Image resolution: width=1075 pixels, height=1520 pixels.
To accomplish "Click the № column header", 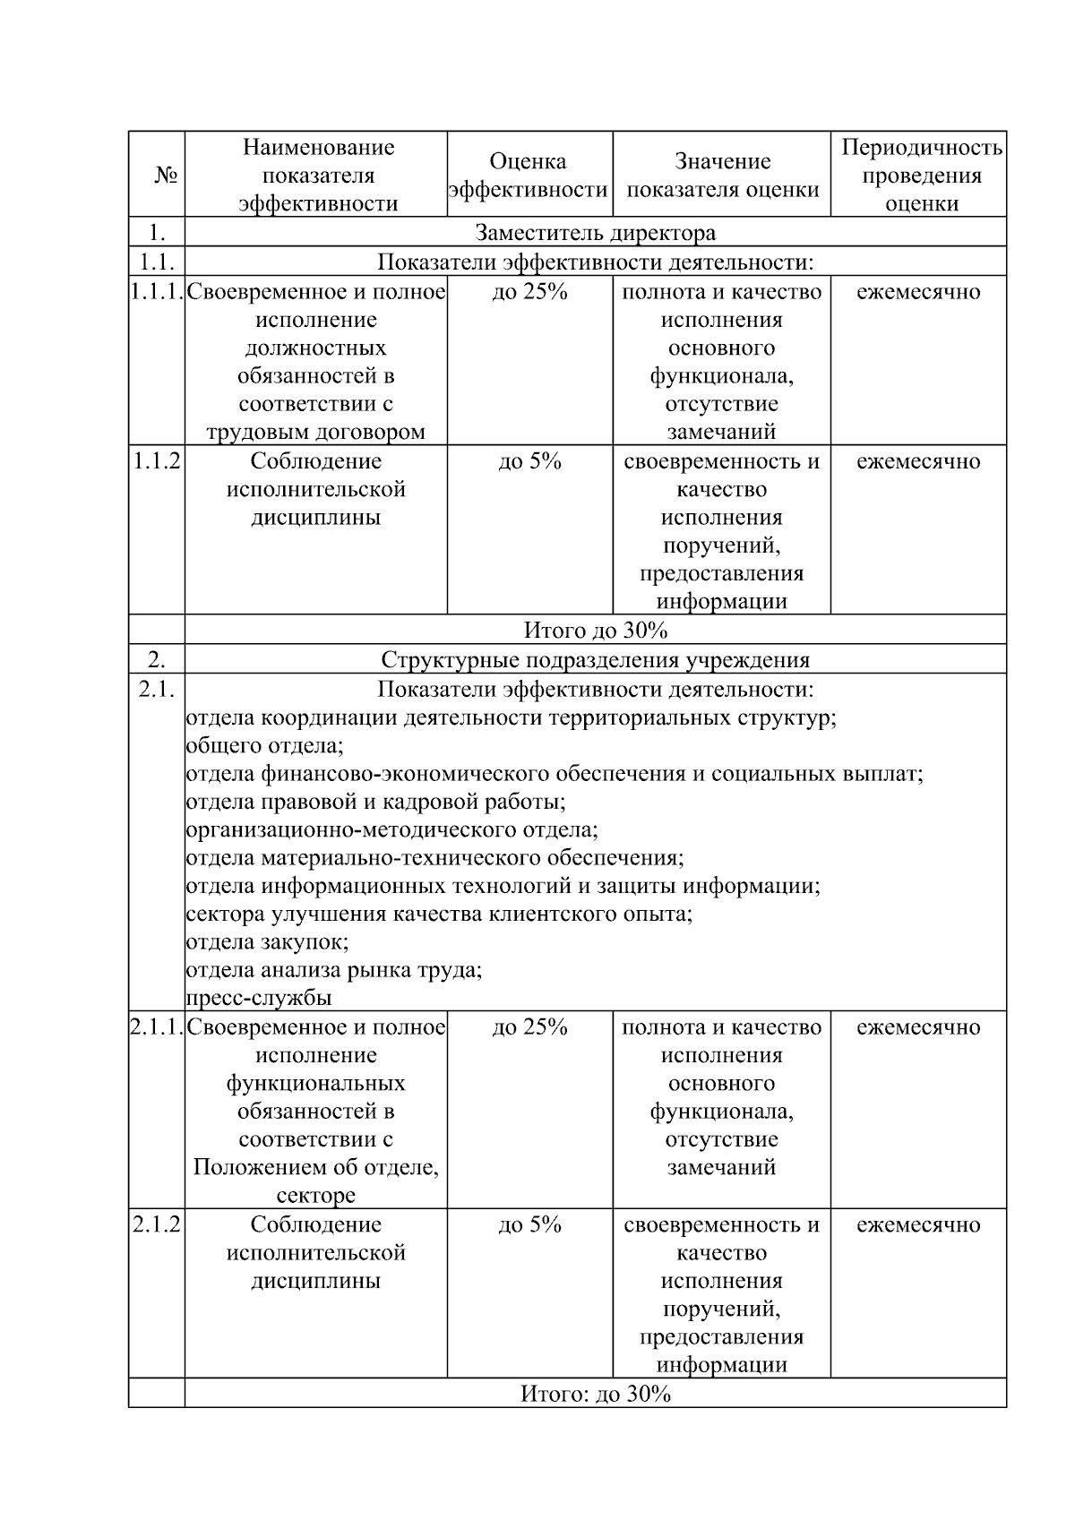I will point(164,176).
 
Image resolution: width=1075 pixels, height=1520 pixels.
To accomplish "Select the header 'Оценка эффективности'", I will point(529,176).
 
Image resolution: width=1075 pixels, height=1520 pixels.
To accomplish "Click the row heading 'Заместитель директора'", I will point(596,233).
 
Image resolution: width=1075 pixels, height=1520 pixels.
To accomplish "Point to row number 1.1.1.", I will point(157,292).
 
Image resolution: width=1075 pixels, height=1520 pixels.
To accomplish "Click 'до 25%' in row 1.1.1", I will point(529,292).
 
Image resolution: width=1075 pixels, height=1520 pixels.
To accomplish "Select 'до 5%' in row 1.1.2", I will point(529,462).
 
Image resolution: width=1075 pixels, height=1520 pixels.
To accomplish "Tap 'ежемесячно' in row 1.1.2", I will point(918,462).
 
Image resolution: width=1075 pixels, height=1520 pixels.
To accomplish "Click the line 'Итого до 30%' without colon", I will point(596,631).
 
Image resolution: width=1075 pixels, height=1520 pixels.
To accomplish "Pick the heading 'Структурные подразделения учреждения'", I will point(596,661).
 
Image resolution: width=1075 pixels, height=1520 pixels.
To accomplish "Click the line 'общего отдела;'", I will point(265,746).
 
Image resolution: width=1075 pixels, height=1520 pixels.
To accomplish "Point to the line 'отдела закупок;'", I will point(268,942).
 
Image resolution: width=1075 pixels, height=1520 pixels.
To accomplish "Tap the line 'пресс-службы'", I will point(259,998).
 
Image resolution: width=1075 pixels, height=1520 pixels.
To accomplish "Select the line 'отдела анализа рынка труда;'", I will point(334,970).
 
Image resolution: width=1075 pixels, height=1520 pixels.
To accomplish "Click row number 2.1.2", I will point(157,1225).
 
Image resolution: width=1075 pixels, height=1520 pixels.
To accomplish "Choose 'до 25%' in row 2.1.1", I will point(529,1027).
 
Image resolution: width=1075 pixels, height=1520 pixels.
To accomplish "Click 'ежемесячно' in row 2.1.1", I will point(918,1027).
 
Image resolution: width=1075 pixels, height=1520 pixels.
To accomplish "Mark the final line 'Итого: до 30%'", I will point(596,1395).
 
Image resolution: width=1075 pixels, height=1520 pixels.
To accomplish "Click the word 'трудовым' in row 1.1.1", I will point(251,433).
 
